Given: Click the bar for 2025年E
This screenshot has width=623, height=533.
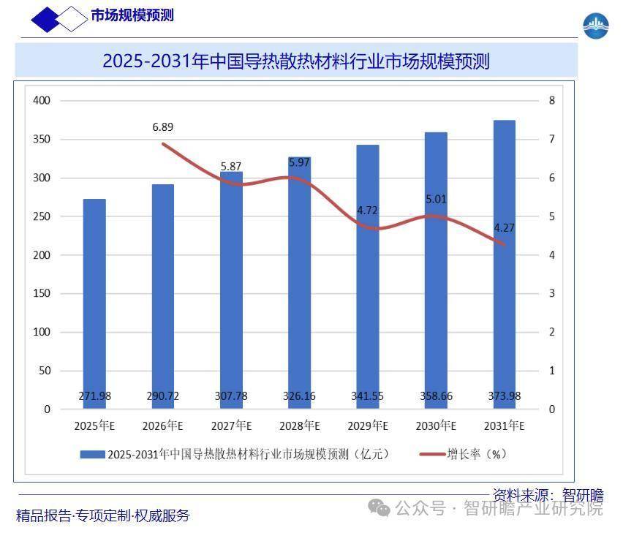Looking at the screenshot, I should click(x=94, y=303).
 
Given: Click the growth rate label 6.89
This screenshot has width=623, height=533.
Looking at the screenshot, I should click(x=163, y=127).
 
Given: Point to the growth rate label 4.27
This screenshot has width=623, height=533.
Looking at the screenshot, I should click(x=505, y=227).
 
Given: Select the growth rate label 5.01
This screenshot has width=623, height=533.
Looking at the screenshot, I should click(x=437, y=199).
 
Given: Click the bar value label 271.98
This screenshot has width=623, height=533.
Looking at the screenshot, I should click(x=94, y=396).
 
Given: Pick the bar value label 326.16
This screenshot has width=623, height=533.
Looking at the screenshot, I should click(x=299, y=396).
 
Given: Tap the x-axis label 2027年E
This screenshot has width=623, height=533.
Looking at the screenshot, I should click(x=231, y=426).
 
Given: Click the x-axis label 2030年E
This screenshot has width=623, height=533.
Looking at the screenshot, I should click(x=436, y=426).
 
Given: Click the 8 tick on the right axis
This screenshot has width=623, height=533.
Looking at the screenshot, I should click(x=552, y=100).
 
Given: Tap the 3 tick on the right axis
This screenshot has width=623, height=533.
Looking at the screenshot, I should click(x=552, y=294).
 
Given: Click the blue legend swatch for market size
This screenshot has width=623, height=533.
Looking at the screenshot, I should click(x=91, y=454).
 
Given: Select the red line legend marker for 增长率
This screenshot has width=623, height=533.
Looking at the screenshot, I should click(x=431, y=454).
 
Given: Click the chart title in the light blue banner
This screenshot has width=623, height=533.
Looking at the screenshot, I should click(x=296, y=61).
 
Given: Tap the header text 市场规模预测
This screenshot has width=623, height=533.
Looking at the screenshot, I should click(x=132, y=15).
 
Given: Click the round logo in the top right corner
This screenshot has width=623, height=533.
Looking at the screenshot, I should click(x=596, y=26).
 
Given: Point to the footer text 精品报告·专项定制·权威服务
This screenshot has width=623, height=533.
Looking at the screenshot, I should click(x=103, y=515).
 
